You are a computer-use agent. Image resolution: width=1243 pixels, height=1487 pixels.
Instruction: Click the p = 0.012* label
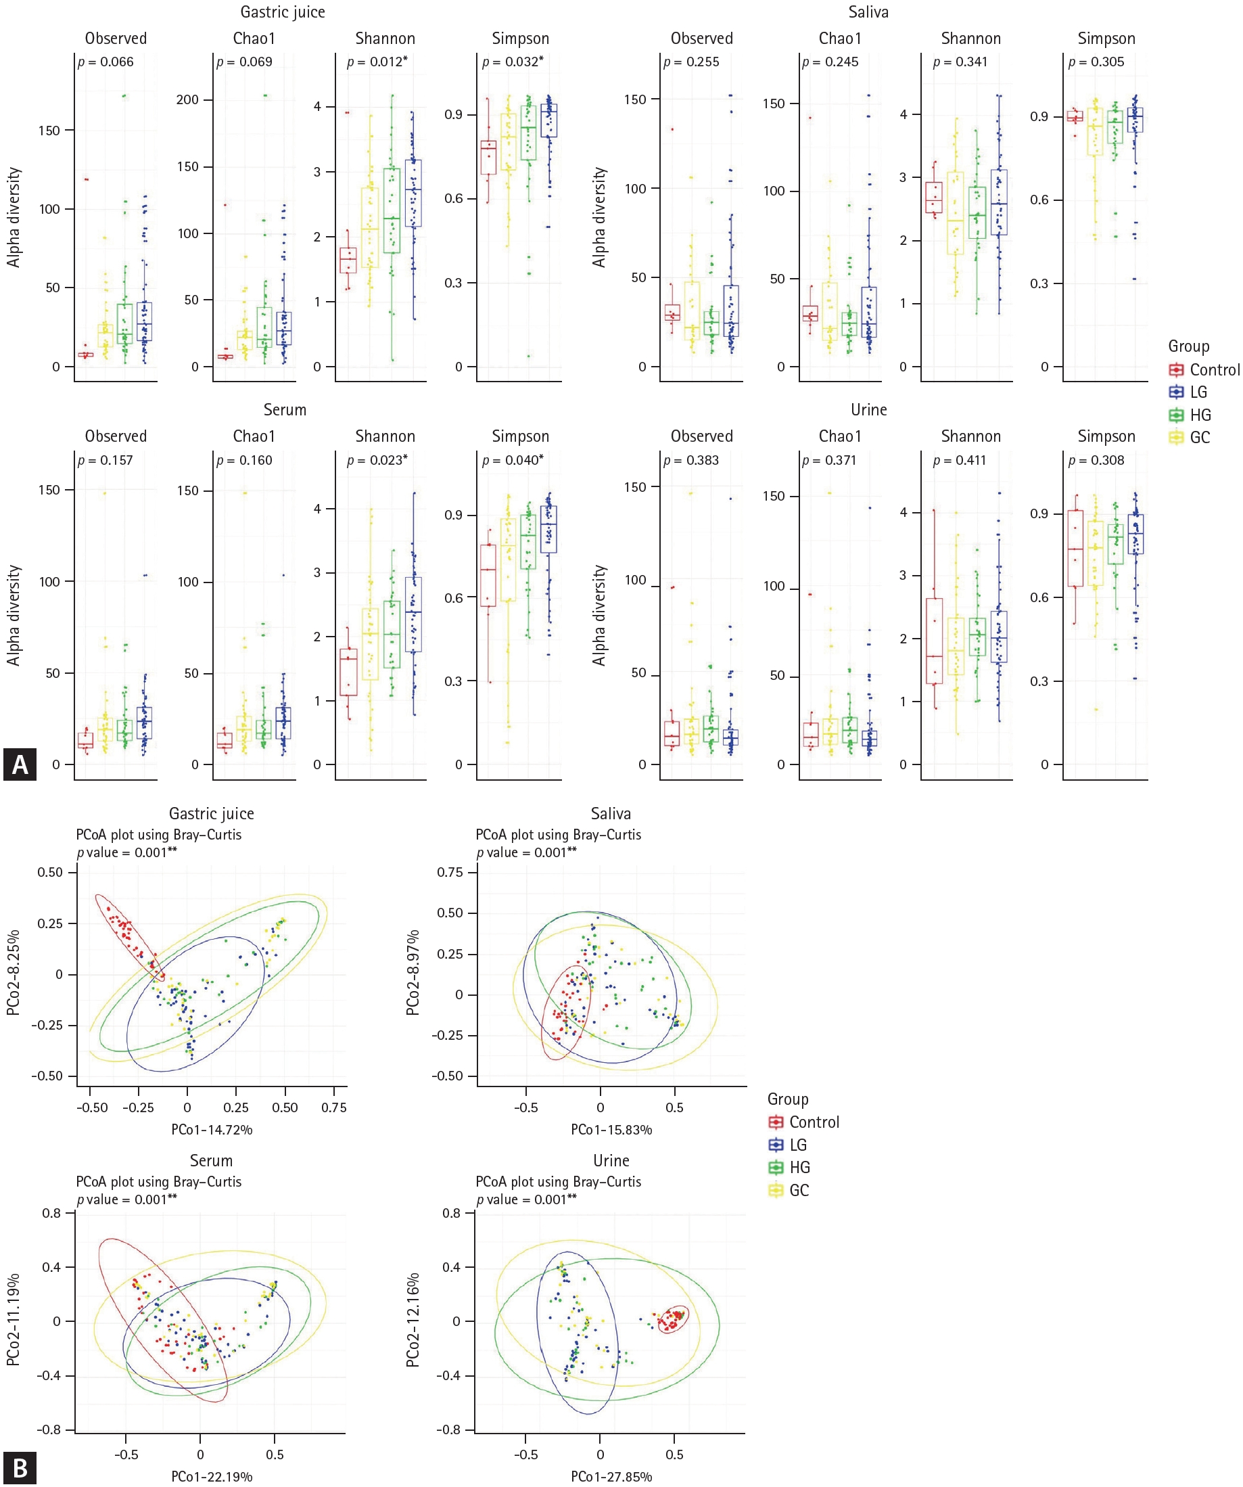(377, 62)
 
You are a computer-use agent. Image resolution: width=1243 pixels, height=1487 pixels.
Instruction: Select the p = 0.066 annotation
(105, 62)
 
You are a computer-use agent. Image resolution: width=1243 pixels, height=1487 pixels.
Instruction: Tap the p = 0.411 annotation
(960, 461)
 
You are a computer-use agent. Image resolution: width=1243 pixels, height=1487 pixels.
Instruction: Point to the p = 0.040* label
(513, 461)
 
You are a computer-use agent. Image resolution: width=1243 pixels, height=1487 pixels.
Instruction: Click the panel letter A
(19, 764)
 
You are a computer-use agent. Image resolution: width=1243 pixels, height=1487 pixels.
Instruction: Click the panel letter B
(19, 1469)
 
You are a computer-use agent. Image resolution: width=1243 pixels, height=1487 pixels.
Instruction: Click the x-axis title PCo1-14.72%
(212, 1129)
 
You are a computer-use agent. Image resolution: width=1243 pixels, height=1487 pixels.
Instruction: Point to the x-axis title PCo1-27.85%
(611, 1476)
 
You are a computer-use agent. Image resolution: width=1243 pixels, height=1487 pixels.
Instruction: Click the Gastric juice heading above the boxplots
(283, 12)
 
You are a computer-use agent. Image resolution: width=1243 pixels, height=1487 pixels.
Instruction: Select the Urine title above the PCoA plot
(611, 1160)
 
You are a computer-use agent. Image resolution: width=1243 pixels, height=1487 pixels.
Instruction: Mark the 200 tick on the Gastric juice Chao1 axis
(187, 100)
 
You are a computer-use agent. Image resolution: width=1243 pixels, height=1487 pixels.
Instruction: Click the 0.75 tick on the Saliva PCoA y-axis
(451, 872)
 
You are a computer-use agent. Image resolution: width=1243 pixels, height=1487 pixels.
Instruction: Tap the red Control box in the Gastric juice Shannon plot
(348, 260)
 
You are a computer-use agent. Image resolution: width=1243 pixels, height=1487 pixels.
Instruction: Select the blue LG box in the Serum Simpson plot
(548, 529)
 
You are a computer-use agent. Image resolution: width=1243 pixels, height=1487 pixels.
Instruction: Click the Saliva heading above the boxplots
(868, 12)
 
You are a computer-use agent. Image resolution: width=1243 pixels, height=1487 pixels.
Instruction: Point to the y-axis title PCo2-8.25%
(14, 974)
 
